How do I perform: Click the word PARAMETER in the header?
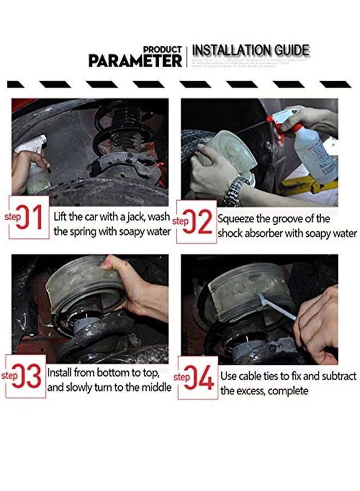[135, 60]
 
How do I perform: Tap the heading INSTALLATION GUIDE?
[251, 51]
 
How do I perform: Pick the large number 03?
[31, 376]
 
